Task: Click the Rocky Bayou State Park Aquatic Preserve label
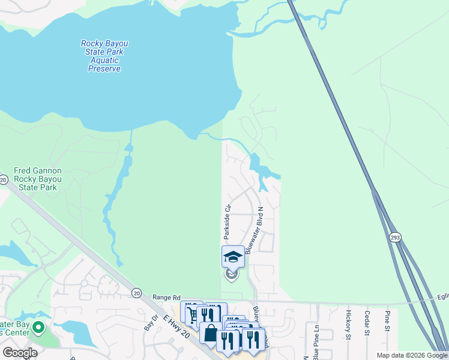pos(102,56)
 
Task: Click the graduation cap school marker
pos(233,257)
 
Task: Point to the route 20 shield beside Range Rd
pos(137,293)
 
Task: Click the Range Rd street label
pos(166,298)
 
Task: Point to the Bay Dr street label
pos(151,324)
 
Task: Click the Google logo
pos(20,353)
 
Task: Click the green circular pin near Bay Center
pos(39,328)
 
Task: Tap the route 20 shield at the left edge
pos(3,179)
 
